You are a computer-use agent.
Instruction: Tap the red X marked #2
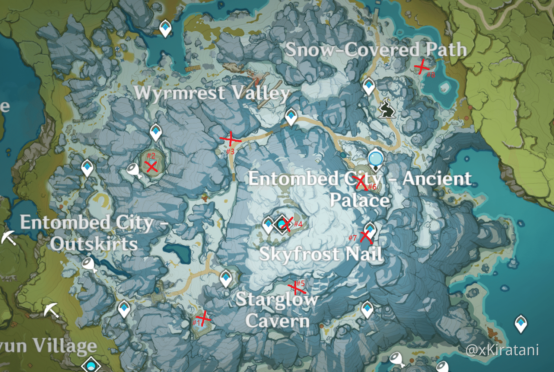pyautogui.click(x=152, y=167)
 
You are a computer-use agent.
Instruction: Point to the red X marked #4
pyautogui.click(x=286, y=223)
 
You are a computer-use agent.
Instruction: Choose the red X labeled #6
pyautogui.click(x=361, y=182)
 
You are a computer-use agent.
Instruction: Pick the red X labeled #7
pyautogui.click(x=366, y=237)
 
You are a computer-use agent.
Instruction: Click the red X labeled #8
pyautogui.click(x=421, y=67)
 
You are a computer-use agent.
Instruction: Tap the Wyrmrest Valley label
pyautogui.click(x=212, y=93)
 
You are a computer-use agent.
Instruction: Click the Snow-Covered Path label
pyautogui.click(x=376, y=50)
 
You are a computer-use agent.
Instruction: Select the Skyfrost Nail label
pyautogui.click(x=321, y=254)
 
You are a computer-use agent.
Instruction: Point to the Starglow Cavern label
pyautogui.click(x=277, y=310)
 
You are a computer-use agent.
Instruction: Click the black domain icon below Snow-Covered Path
pyautogui.click(x=386, y=108)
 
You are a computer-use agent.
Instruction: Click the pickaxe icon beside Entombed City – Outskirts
pyautogui.click(x=8, y=238)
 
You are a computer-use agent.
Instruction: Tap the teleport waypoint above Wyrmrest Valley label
pyautogui.click(x=165, y=28)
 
